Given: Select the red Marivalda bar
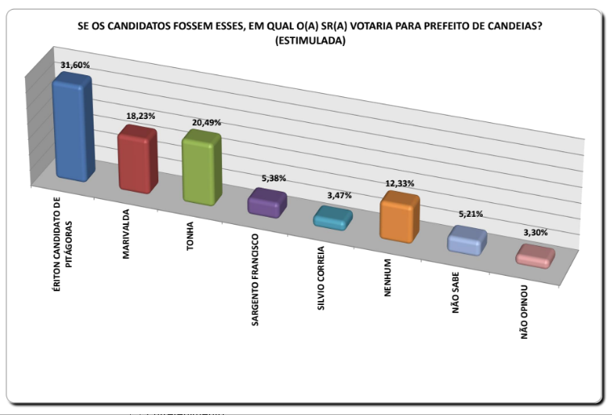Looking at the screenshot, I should [137, 160].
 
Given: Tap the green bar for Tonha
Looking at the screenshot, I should [200, 168].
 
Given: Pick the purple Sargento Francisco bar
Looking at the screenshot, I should [266, 202].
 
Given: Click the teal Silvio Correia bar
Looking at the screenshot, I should [332, 218].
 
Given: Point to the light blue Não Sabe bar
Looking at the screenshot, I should [467, 241].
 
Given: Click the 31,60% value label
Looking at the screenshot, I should [74, 64].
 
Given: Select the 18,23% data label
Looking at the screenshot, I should [140, 116].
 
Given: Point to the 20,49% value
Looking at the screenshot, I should [206, 122].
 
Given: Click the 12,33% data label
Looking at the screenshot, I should [399, 184].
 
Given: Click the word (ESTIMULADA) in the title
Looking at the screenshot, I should [309, 41].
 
